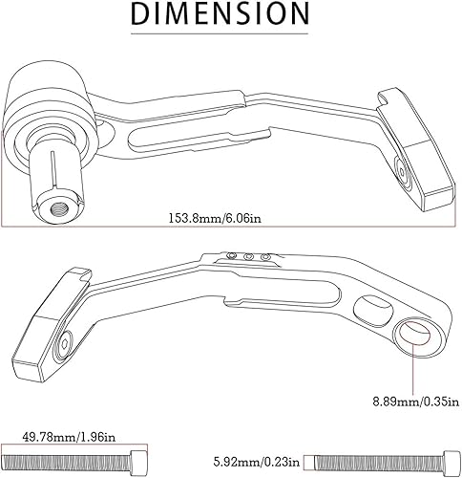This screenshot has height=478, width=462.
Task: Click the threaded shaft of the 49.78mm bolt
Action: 67,456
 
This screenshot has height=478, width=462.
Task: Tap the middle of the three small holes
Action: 250,255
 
